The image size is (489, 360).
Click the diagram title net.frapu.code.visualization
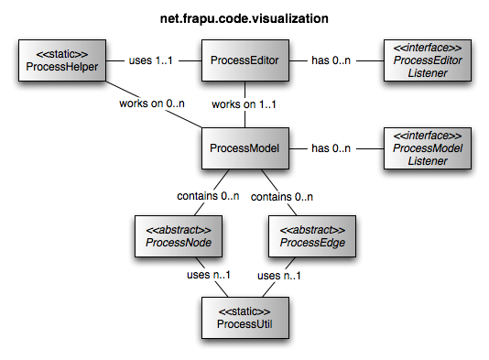244,17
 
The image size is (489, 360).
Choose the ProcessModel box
244,148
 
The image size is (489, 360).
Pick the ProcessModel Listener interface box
428,148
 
